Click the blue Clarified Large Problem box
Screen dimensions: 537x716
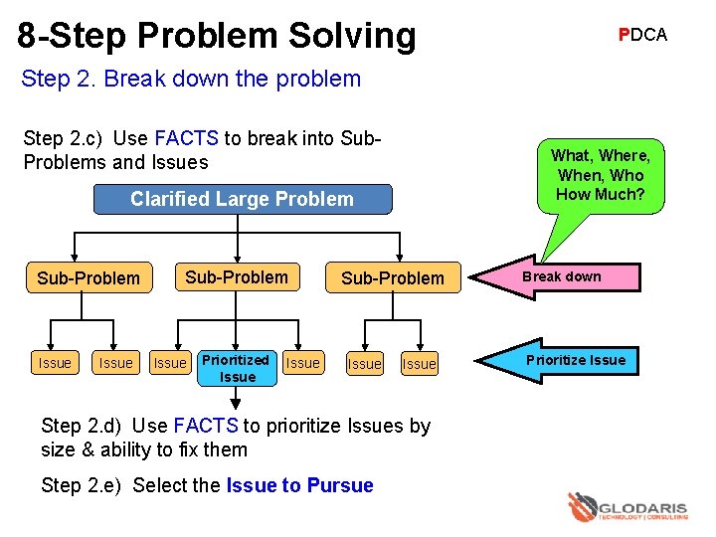242,199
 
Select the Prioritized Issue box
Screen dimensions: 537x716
237,368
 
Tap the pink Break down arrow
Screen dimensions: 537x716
563,277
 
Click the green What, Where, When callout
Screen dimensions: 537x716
600,175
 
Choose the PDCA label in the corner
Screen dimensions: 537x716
642,35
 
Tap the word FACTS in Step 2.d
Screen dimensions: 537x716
206,427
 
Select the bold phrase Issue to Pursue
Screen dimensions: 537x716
299,485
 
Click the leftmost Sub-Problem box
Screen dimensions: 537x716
89,278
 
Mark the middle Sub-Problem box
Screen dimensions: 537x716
237,277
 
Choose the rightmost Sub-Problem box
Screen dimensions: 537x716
393,278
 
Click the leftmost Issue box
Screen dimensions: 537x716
55,364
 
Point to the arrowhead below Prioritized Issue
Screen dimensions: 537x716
236,402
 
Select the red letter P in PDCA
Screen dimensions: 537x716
624,35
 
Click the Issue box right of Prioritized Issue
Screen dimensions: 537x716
303,364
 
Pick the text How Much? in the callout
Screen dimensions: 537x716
600,195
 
